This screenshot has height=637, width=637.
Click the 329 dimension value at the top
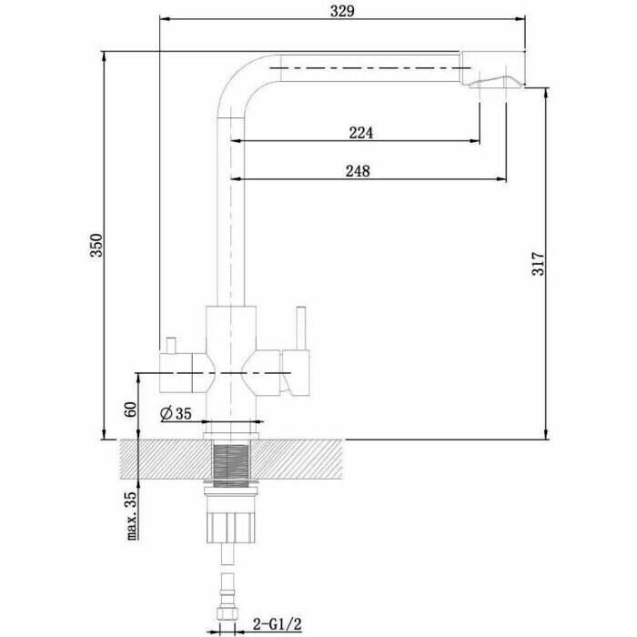341,11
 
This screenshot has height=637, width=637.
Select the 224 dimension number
361,133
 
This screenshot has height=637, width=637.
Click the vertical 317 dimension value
536,264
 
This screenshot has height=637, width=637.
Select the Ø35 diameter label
176,414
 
